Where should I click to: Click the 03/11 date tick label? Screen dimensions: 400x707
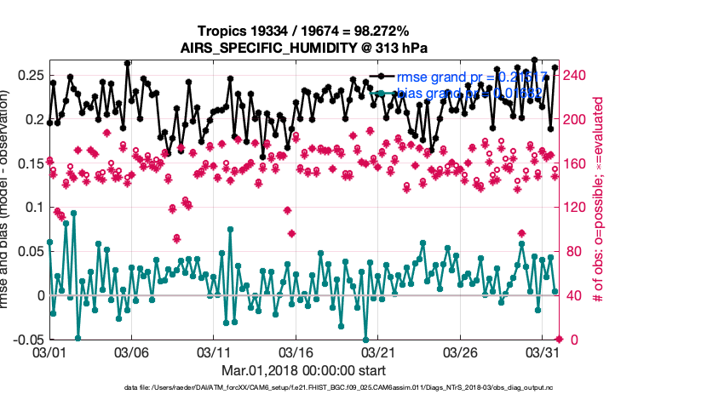[x=215, y=351]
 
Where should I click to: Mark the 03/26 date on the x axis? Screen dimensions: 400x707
[x=462, y=351]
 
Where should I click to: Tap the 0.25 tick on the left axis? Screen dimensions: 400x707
[x=31, y=75]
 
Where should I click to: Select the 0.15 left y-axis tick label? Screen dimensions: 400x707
[x=31, y=163]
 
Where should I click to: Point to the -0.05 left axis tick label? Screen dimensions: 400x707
[x=28, y=340]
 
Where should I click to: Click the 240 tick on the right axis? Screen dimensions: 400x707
[x=577, y=75]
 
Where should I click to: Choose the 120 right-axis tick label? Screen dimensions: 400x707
[x=577, y=207]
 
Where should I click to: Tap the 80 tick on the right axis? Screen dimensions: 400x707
[x=573, y=251]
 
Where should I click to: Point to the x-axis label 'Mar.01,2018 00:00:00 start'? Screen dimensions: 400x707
[x=303, y=370]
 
